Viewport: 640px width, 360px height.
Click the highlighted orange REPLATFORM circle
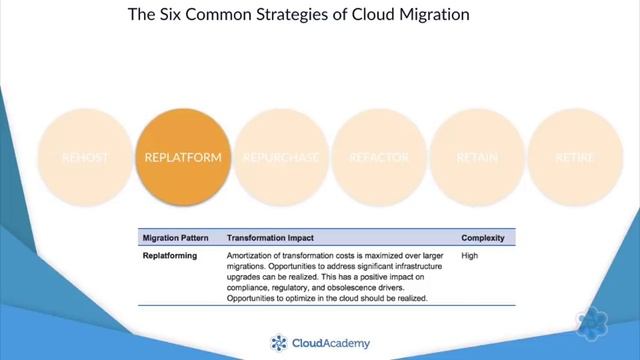click(183, 158)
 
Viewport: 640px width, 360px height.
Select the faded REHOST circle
click(85, 158)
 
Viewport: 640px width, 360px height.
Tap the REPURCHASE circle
click(281, 158)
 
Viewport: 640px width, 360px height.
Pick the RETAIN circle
click(477, 158)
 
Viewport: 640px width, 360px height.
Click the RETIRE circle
click(575, 158)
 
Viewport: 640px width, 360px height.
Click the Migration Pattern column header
click(173, 238)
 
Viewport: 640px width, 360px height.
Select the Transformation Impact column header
click(270, 238)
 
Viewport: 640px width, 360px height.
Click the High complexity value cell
click(471, 256)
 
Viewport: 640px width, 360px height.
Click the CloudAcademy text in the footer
click(331, 343)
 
